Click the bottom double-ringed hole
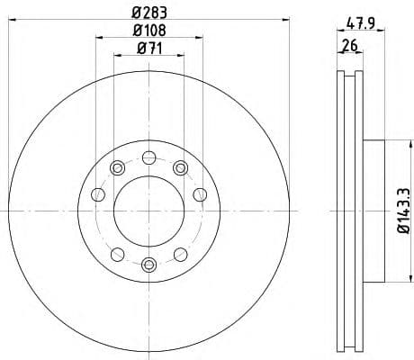click(x=148, y=265)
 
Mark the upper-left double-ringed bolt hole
click(x=117, y=167)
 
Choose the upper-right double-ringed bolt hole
click(x=180, y=167)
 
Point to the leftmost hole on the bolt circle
click(x=97, y=193)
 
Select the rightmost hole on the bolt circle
click(x=200, y=193)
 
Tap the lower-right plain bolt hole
click(x=180, y=254)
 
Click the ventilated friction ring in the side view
click(x=347, y=212)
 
